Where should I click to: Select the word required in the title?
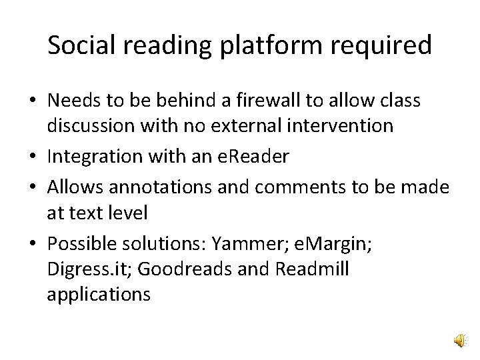pyautogui.click(x=387, y=45)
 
